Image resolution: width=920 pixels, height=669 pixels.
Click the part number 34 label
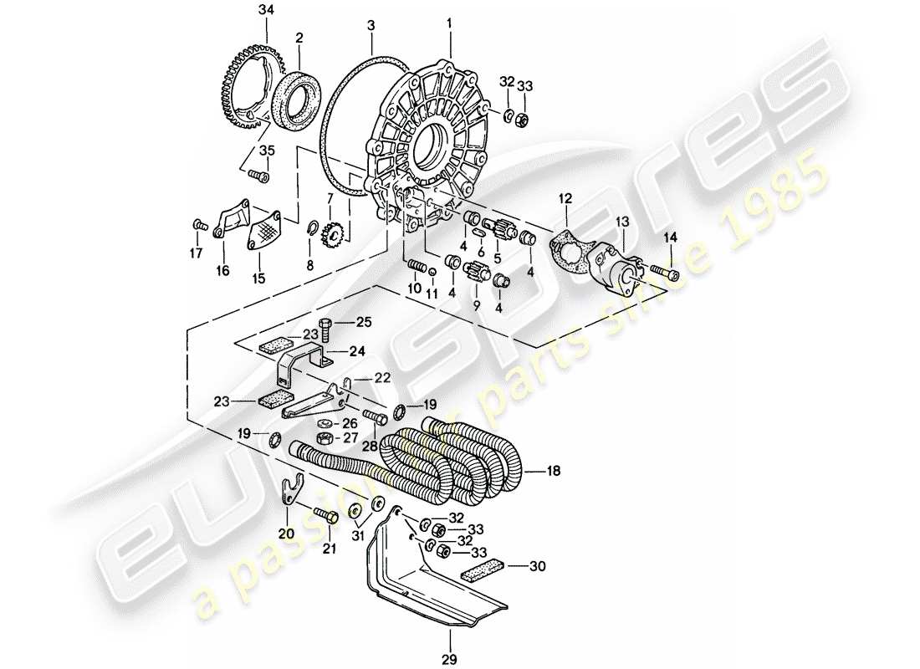coord(266,10)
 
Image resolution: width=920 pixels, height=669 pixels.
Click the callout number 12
coord(565,198)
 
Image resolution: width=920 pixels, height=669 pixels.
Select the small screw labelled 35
coord(258,176)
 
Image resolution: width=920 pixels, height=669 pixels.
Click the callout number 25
coord(362,322)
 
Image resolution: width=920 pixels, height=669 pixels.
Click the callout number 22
coord(382,379)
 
